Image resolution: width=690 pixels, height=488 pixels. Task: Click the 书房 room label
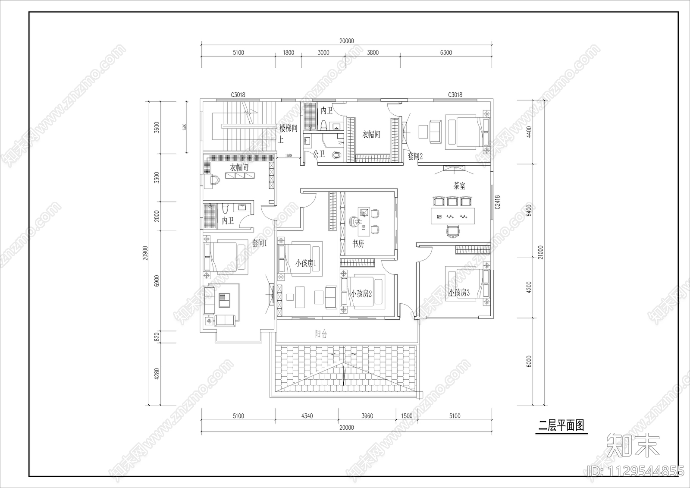(x=358, y=244)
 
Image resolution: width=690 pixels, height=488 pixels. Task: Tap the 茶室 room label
(x=459, y=186)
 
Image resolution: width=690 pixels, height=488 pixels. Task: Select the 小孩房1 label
(x=306, y=263)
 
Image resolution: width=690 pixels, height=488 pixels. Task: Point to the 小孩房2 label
(x=361, y=294)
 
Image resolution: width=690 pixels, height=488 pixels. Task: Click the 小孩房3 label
(x=459, y=293)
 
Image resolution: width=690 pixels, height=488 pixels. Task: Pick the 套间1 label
(x=260, y=243)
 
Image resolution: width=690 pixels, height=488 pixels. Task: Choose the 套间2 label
(x=415, y=156)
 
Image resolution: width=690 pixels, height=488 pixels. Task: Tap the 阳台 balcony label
(x=321, y=334)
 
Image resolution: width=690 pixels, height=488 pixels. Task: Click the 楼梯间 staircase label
(x=288, y=128)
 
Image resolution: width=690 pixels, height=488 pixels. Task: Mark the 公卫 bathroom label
(x=319, y=154)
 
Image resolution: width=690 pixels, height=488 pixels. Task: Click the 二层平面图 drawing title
(x=561, y=425)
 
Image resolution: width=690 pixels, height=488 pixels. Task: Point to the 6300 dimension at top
(x=446, y=53)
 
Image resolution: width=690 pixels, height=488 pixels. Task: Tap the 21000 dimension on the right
(x=541, y=252)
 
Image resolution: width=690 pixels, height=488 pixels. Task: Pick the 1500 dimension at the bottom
(x=407, y=416)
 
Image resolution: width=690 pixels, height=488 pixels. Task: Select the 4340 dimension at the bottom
(x=307, y=416)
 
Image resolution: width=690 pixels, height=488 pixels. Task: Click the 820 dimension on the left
(x=157, y=337)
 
